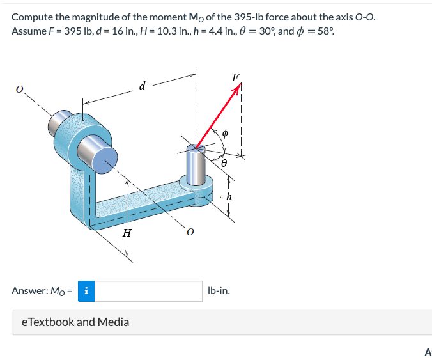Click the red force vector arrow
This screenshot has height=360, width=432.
pyautogui.click(x=217, y=118)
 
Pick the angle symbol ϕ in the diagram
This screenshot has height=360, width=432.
pyautogui.click(x=224, y=134)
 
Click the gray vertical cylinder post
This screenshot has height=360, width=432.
pyautogui.click(x=195, y=165)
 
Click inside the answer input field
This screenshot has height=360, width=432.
pyautogui.click(x=149, y=291)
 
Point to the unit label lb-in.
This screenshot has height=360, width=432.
pyautogui.click(x=219, y=291)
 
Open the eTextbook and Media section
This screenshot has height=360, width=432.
pyautogui.click(x=71, y=322)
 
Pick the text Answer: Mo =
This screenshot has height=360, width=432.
pyautogui.click(x=42, y=291)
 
